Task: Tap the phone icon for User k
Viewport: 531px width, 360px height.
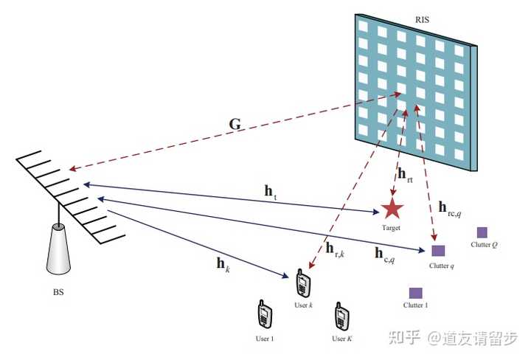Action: (x=302, y=283)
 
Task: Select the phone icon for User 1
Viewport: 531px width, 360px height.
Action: (x=264, y=315)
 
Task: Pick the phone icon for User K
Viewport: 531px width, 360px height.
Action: (x=341, y=315)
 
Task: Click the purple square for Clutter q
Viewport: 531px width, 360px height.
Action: (x=438, y=250)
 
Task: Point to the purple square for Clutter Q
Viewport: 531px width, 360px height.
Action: (x=482, y=232)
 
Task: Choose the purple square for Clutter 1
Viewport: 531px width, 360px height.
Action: (x=415, y=293)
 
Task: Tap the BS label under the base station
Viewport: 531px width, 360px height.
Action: (x=58, y=292)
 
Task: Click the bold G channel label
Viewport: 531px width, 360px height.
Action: (x=235, y=124)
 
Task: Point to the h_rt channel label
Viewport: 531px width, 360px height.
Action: (x=405, y=175)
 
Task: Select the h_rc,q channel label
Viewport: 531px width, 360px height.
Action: (x=449, y=210)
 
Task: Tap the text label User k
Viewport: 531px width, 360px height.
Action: (x=303, y=305)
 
